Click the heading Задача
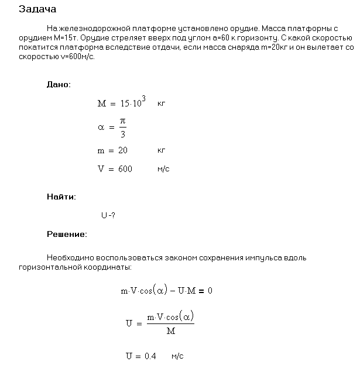pyautogui.click(x=38, y=9)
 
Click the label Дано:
pyautogui.click(x=59, y=84)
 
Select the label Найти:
pyautogui.click(x=61, y=197)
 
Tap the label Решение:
pyautogui.click(x=67, y=235)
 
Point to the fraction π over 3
pyautogui.click(x=122, y=127)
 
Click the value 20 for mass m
pyautogui.click(x=122, y=150)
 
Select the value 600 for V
pyautogui.click(x=125, y=169)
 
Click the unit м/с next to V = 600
pyautogui.click(x=163, y=169)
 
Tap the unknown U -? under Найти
pyautogui.click(x=108, y=215)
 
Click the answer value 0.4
pyautogui.click(x=150, y=356)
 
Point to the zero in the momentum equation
pyautogui.click(x=210, y=290)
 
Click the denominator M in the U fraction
pyautogui.click(x=170, y=331)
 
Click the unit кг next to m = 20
pyautogui.click(x=162, y=150)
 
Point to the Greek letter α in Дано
pyautogui.click(x=101, y=126)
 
